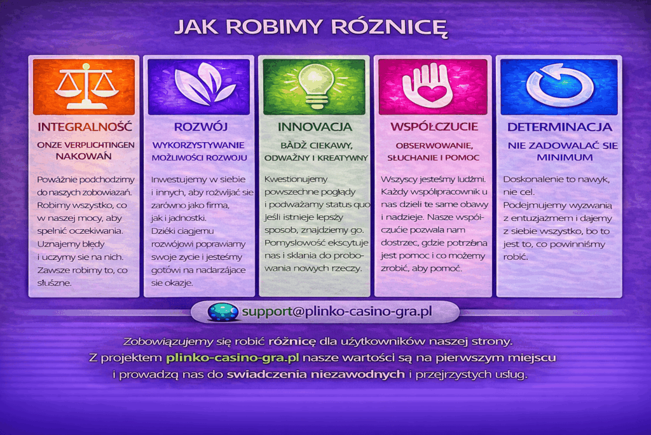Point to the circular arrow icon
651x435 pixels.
[x=559, y=85]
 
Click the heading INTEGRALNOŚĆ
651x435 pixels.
[x=85, y=127]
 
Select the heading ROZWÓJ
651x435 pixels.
[x=200, y=127]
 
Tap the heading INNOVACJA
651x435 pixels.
[x=315, y=127]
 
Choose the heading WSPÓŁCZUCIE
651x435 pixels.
[x=434, y=127]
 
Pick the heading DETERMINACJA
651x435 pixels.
[x=559, y=127]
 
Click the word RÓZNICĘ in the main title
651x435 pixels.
[x=390, y=27]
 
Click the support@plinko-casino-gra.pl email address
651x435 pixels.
[x=337, y=311]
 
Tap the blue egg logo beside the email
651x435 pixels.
[x=223, y=312]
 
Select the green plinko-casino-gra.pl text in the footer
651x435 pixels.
[x=233, y=358]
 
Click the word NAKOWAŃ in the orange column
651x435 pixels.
[x=84, y=157]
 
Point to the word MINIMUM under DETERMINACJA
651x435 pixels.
[x=565, y=157]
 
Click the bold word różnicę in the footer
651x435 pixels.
[x=292, y=342]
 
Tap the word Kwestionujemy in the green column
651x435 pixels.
[x=296, y=180]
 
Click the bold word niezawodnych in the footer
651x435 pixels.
[x=358, y=374]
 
